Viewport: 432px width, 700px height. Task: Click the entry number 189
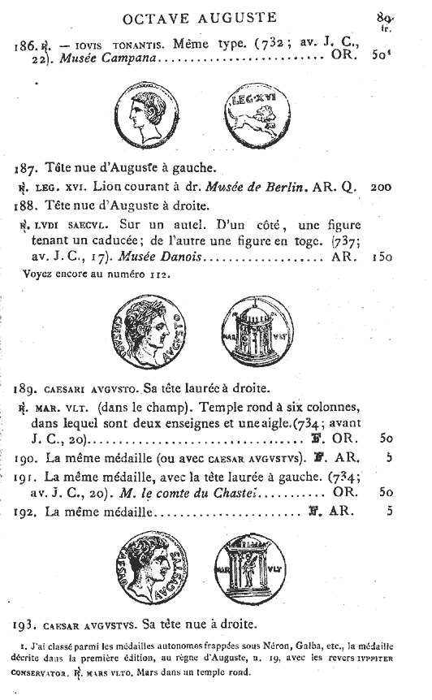click(25, 387)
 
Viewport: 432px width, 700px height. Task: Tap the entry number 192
click(25, 513)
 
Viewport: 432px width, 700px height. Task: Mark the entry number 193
click(25, 624)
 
